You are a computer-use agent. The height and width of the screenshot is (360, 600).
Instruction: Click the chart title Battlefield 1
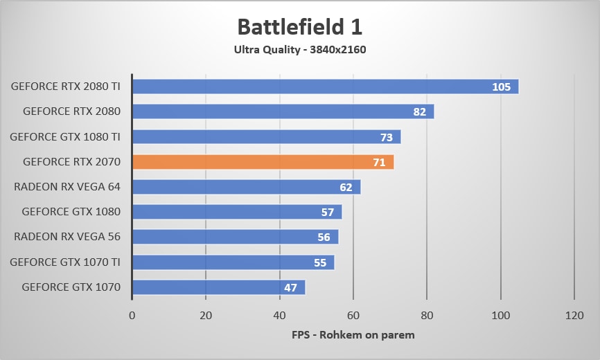coord(300,26)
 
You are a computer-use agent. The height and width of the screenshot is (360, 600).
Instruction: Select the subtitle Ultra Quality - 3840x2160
coord(300,49)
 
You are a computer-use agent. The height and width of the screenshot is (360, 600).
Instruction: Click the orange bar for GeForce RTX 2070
coord(263,162)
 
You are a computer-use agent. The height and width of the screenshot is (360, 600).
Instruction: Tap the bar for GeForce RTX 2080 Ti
coord(325,87)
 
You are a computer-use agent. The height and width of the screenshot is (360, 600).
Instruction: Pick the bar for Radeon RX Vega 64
coord(246,187)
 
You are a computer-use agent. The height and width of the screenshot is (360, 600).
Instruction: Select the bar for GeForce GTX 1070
coord(218,287)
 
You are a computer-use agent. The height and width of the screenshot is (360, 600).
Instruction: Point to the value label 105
coord(501,87)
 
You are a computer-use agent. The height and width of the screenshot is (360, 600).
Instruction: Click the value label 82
coord(420,112)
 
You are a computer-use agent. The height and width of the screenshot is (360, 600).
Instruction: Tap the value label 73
coord(387,137)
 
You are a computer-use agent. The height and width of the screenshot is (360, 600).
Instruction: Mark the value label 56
coord(324,237)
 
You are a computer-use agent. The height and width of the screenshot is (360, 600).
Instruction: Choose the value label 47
coord(291,287)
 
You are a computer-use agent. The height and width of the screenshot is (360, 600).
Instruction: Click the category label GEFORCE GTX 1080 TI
coord(65,136)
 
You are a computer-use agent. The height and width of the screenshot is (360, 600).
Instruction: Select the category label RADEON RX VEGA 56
coord(67,237)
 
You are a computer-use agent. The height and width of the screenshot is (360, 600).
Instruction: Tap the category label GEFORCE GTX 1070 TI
coord(65,262)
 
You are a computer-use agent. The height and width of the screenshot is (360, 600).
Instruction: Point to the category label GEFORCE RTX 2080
coord(72,111)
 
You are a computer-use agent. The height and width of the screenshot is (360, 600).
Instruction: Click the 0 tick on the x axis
coord(132,315)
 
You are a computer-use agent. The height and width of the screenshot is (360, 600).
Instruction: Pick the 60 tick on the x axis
coord(353,315)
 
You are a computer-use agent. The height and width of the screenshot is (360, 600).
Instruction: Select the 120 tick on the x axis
coord(574,315)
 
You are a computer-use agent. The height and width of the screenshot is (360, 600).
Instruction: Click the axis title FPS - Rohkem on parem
coord(353,335)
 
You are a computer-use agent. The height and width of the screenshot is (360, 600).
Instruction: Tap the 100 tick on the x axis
coord(500,315)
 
